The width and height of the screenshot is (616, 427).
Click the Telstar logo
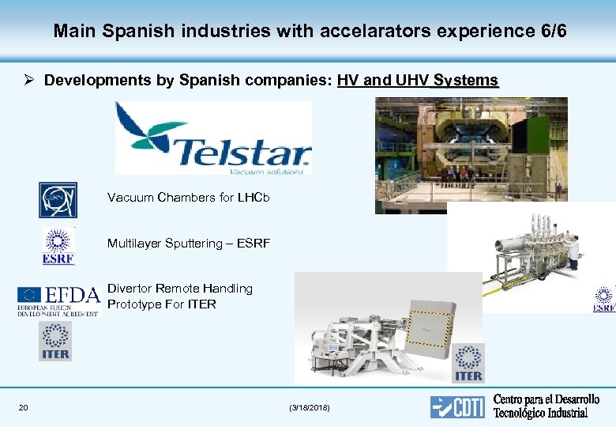[x=213, y=138]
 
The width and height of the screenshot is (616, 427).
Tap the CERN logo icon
[x=58, y=199]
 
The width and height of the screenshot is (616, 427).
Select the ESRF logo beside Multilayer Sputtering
[x=58, y=246]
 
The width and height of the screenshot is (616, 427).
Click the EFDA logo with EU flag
[x=59, y=300]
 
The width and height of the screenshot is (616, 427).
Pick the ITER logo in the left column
[x=54, y=341]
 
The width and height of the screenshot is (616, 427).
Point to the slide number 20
[x=24, y=407]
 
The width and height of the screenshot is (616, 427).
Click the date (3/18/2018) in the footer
[x=310, y=407]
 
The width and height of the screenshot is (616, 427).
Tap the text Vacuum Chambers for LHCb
[x=188, y=198]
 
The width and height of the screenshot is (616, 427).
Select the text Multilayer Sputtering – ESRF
[x=188, y=244]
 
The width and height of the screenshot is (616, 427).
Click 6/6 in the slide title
[x=550, y=32]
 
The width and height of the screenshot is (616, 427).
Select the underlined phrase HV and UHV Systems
[x=417, y=81]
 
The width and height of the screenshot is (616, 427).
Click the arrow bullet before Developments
[x=28, y=81]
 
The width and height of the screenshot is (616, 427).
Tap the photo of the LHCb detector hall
[x=471, y=155]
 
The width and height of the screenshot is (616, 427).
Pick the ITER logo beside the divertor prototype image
[x=468, y=363]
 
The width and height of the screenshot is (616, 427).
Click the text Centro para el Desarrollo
[x=546, y=400]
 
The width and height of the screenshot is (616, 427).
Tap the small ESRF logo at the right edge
[x=605, y=300]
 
